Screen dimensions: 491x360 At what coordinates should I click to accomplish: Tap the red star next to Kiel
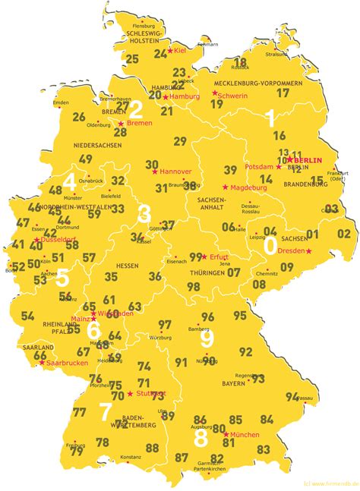[171, 50]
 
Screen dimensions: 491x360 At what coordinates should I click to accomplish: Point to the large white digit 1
[269, 118]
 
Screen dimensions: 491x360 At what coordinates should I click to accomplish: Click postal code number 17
[283, 93]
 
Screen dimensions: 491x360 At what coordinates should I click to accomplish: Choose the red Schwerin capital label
[232, 96]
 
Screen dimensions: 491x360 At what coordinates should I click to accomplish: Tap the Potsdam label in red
[260, 165]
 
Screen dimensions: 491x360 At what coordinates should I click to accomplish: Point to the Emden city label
[61, 102]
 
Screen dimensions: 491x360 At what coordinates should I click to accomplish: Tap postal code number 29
[180, 141]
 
